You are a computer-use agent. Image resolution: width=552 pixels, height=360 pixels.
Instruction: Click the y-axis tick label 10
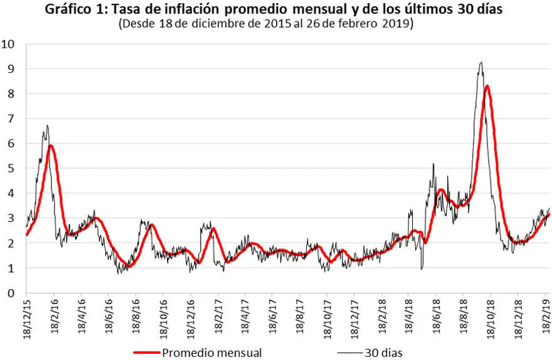coord(9,44)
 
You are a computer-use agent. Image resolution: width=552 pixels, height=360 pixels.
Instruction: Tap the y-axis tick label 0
coord(11,293)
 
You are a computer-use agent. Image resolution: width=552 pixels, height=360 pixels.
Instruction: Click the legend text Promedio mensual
coord(211,352)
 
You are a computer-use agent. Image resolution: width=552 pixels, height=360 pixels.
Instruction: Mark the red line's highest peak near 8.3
coord(487,86)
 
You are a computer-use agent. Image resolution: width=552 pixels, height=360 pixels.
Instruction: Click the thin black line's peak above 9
coord(480,62)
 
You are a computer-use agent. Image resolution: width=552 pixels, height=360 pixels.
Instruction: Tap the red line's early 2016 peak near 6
coord(51,146)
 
